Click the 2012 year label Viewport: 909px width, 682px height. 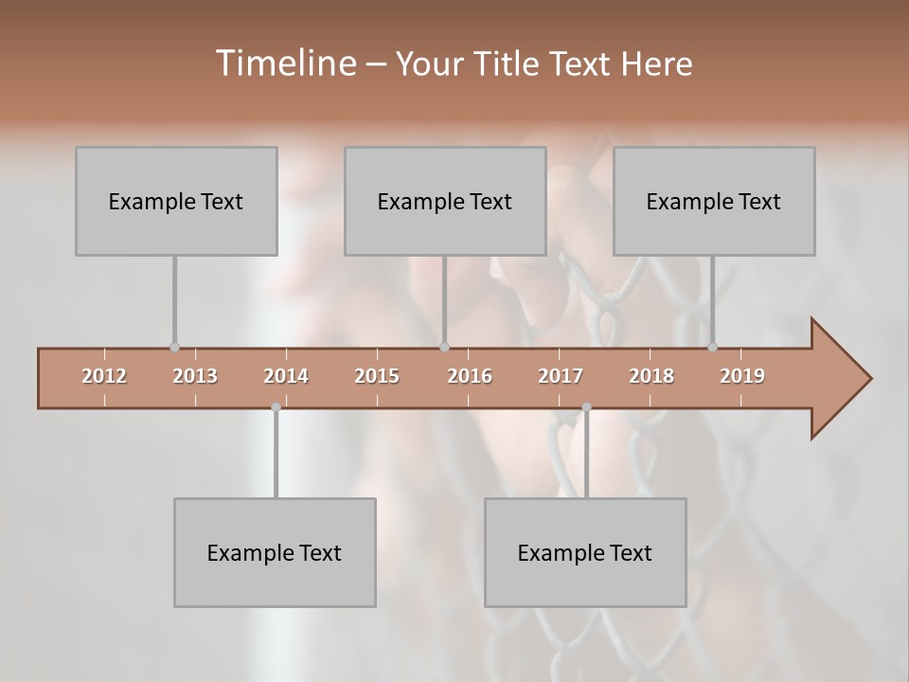(x=104, y=376)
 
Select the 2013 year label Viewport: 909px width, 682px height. (x=195, y=376)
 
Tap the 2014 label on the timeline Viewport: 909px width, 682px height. (x=286, y=376)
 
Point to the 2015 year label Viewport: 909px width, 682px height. (x=377, y=376)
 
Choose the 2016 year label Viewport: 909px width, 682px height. (x=470, y=376)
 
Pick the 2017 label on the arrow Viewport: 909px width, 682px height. (x=561, y=376)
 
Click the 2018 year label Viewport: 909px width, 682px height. (x=651, y=376)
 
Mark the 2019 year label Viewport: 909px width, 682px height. (x=742, y=376)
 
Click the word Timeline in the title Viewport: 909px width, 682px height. (x=284, y=63)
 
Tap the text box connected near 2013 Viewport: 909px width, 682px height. (x=176, y=202)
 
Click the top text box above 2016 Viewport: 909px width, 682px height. (x=445, y=202)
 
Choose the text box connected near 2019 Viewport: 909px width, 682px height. (x=714, y=202)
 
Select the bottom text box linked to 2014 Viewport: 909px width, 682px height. (x=275, y=553)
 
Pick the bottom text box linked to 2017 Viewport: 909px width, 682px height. (x=585, y=553)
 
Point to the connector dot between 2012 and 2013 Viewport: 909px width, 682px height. (x=174, y=348)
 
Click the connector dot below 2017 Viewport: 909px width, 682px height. (x=586, y=407)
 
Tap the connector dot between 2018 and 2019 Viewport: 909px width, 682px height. (x=713, y=348)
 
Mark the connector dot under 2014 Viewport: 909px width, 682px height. (x=276, y=407)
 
